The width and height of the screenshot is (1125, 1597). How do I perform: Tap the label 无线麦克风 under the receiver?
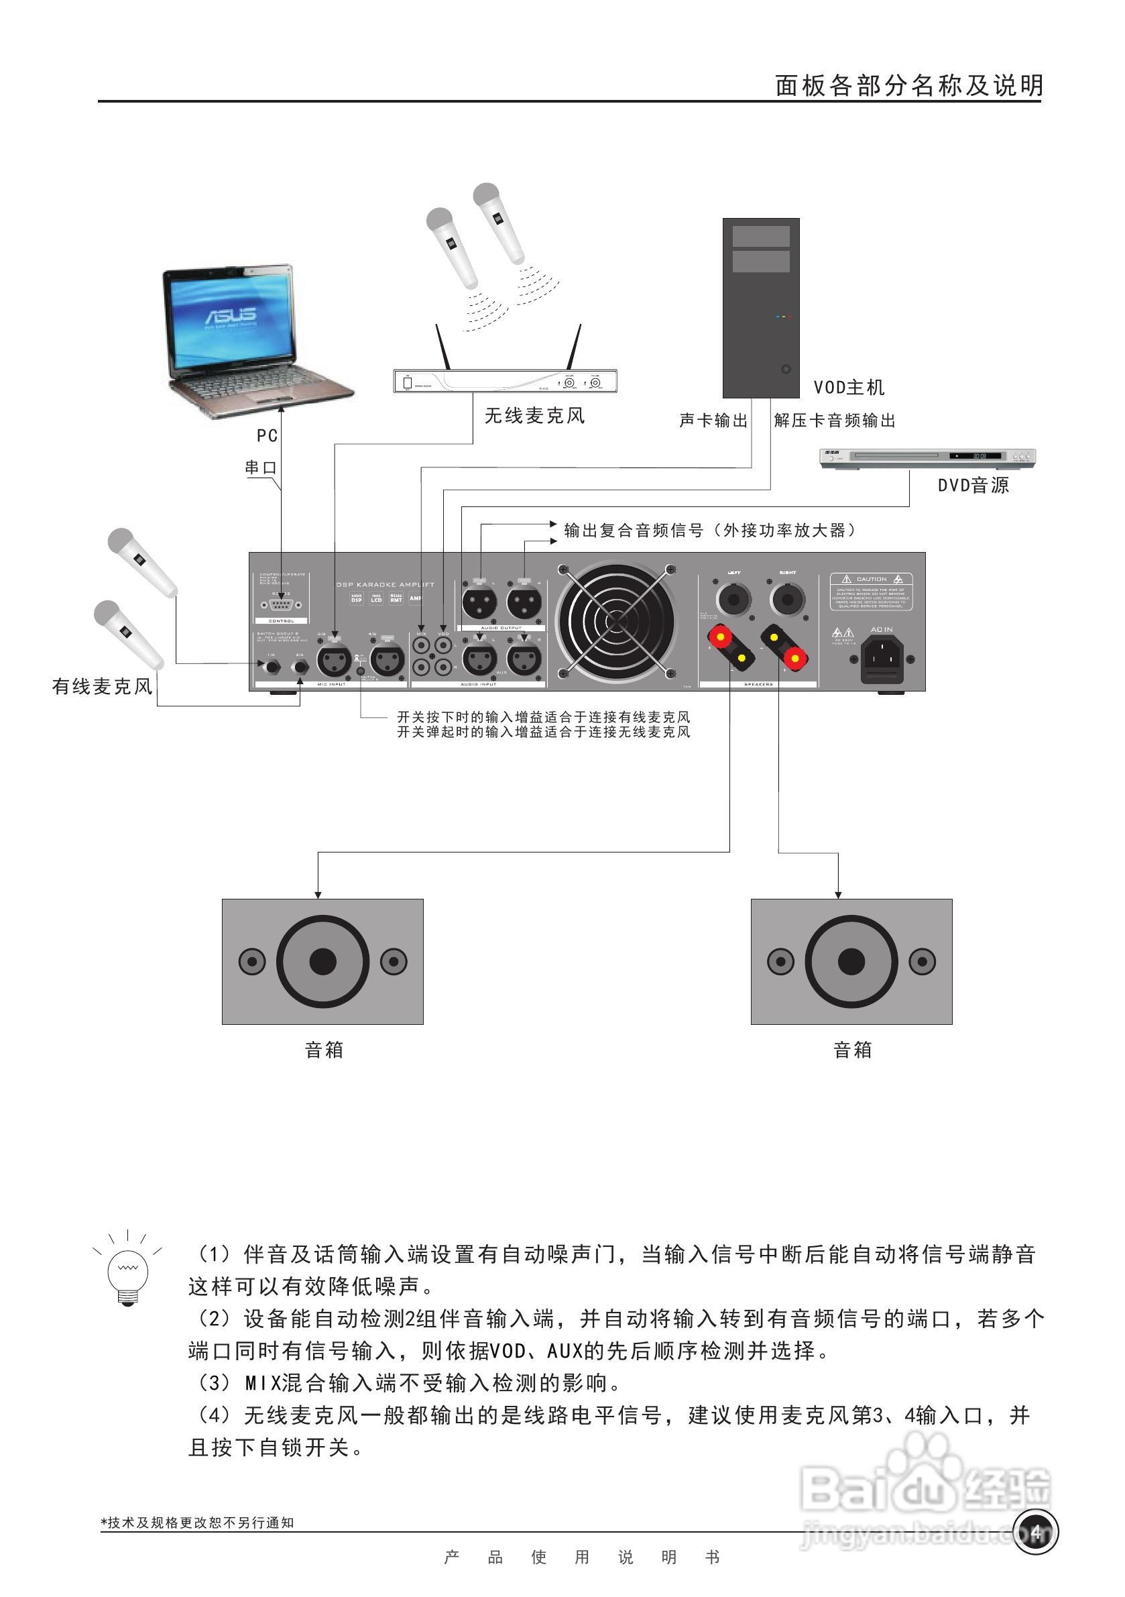click(534, 416)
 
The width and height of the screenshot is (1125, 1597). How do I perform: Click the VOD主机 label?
click(849, 388)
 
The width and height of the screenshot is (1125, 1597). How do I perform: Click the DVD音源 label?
click(973, 486)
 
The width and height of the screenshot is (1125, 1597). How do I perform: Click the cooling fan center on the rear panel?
click(616, 621)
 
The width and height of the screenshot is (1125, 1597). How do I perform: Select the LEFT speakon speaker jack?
click(733, 598)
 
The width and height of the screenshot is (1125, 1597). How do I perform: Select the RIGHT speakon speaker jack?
click(787, 598)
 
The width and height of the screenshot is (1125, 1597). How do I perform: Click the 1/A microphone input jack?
click(270, 665)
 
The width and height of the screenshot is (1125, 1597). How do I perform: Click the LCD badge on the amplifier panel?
click(376, 599)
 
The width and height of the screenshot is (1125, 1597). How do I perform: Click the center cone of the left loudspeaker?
click(322, 962)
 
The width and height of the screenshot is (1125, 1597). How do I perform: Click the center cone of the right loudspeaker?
click(851, 962)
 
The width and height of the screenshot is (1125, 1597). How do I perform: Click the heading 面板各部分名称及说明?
click(908, 86)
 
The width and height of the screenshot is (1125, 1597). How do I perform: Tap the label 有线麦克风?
click(102, 687)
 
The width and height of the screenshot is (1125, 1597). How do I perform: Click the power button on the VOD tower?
click(786, 370)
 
